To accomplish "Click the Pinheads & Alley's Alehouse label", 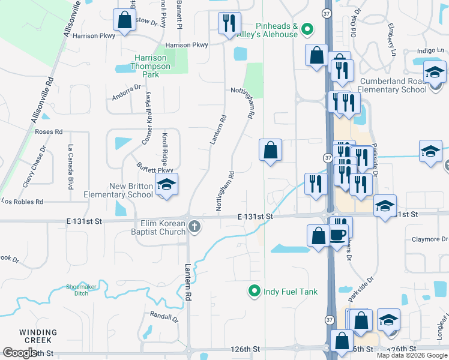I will [277, 30].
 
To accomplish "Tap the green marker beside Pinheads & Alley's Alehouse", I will [307, 28].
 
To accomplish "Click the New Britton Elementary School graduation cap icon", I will [166, 185].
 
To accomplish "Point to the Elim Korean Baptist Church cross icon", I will [194, 227].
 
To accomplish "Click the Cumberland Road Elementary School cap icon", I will [434, 73].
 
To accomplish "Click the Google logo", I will [19, 352].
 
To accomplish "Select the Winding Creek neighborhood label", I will [38, 336].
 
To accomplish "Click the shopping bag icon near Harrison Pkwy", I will [124, 20].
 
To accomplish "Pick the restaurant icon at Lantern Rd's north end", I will [229, 23].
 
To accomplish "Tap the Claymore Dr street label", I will [430, 239].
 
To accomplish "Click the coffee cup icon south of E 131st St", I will [338, 235].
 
